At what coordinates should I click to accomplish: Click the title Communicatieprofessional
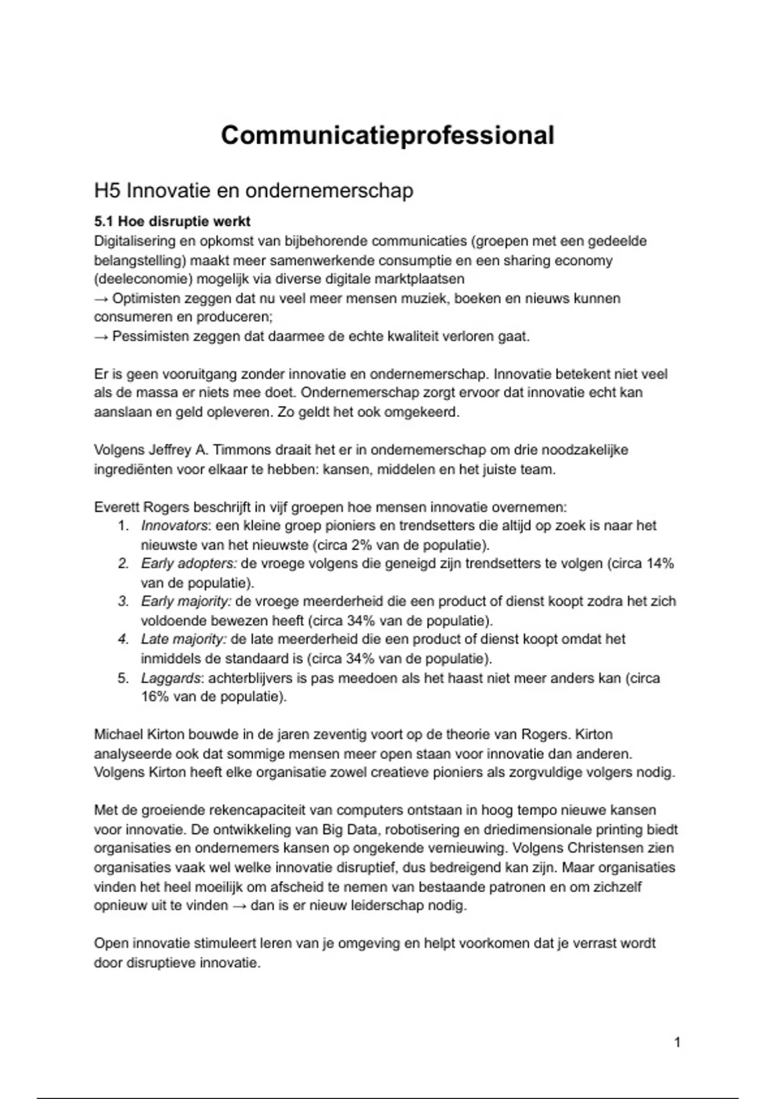(x=387, y=136)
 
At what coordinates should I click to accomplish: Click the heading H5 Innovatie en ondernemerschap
(x=253, y=191)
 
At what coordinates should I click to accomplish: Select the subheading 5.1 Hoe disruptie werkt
(x=172, y=222)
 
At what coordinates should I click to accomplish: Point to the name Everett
(x=116, y=507)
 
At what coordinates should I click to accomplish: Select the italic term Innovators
(x=175, y=526)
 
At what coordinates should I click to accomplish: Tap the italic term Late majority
(x=184, y=639)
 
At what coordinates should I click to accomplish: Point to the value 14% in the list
(x=660, y=564)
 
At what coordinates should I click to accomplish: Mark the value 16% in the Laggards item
(x=153, y=697)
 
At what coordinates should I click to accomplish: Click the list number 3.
(x=124, y=601)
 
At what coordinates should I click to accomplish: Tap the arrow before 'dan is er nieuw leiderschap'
(x=239, y=906)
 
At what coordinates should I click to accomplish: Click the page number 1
(x=677, y=1042)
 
